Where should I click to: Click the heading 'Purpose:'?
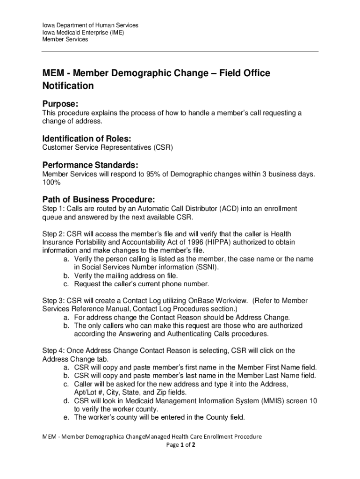60,103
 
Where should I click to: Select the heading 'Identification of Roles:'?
86,139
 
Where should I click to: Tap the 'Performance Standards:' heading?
90,165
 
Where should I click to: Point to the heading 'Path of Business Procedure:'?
98,199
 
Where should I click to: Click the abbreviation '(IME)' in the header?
115,32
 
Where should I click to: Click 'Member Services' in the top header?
65,40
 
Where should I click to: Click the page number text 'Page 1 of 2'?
180,445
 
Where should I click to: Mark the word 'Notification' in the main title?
68,86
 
